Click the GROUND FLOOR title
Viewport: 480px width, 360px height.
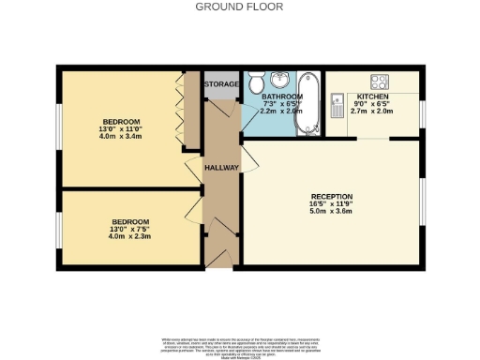(x=240, y=6)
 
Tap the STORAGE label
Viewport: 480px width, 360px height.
(x=222, y=83)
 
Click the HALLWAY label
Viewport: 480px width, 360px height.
(x=222, y=168)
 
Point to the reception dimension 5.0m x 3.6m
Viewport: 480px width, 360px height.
(x=329, y=212)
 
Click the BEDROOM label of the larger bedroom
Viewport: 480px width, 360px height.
(x=121, y=122)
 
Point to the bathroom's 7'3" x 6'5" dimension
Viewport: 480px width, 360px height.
(x=280, y=102)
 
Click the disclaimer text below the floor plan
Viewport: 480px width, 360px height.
(x=240, y=344)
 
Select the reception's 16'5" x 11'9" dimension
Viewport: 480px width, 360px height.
(x=329, y=204)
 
